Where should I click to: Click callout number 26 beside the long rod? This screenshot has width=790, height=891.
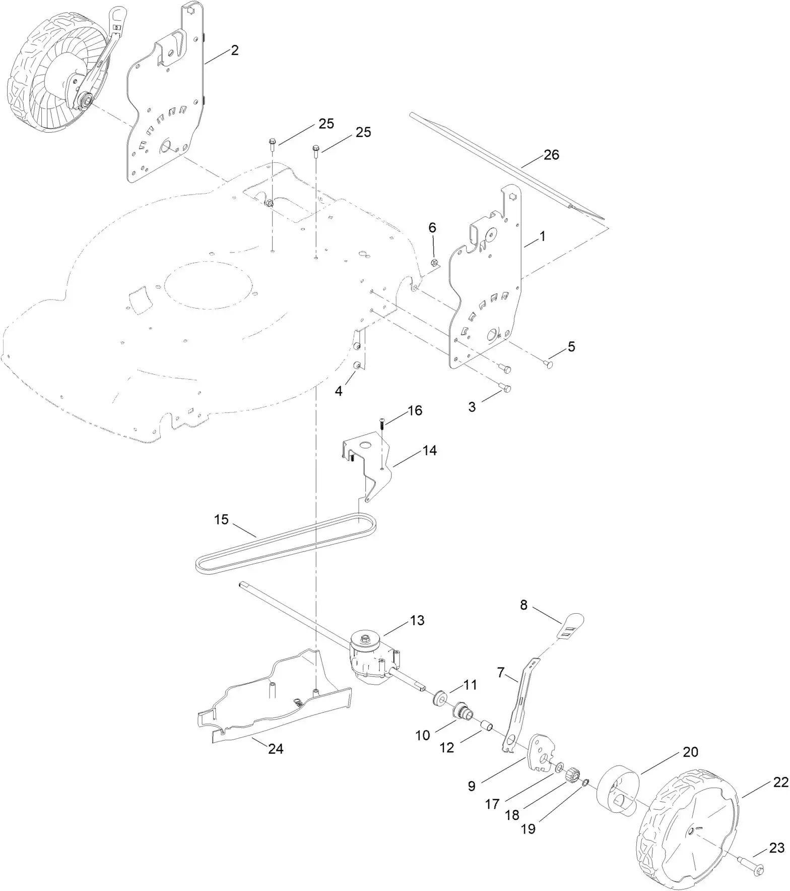551,155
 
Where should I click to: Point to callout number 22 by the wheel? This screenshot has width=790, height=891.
780,783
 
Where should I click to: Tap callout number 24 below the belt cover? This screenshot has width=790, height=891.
276,749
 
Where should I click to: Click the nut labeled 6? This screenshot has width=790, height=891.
435,262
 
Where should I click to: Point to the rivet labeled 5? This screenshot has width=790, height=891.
550,364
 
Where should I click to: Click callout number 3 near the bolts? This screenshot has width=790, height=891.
472,406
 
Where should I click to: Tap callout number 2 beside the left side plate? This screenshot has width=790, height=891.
234,50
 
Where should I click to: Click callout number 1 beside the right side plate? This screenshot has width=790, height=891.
543,236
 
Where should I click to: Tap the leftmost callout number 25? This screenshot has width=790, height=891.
326,124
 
